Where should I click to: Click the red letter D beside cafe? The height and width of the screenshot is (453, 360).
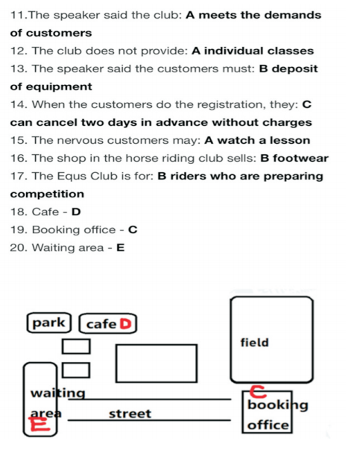126,324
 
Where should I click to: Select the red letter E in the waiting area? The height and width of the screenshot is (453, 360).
40,424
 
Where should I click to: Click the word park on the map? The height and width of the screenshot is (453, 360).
48,323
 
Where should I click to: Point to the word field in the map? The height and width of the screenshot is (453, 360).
255,342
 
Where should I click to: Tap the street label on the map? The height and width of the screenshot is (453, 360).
130,414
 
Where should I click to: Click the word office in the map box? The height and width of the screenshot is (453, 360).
268,425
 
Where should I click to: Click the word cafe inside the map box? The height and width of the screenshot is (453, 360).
101,324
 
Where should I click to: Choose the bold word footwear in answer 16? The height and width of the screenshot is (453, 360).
301,158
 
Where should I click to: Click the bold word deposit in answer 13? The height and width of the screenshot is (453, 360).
294,69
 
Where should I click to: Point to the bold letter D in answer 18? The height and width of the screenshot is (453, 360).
76,212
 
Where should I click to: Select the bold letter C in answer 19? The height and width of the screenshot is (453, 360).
133,229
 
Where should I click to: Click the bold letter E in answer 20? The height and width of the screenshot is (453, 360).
121,247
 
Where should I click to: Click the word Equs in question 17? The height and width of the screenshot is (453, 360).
72,177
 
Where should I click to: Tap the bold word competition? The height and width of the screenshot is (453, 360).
47,194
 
